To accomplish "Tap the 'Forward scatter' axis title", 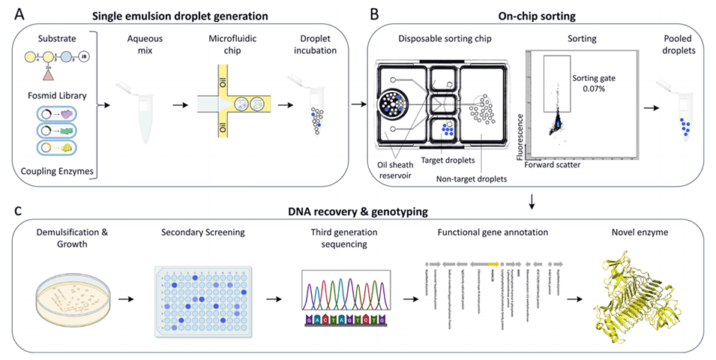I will [556, 164].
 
